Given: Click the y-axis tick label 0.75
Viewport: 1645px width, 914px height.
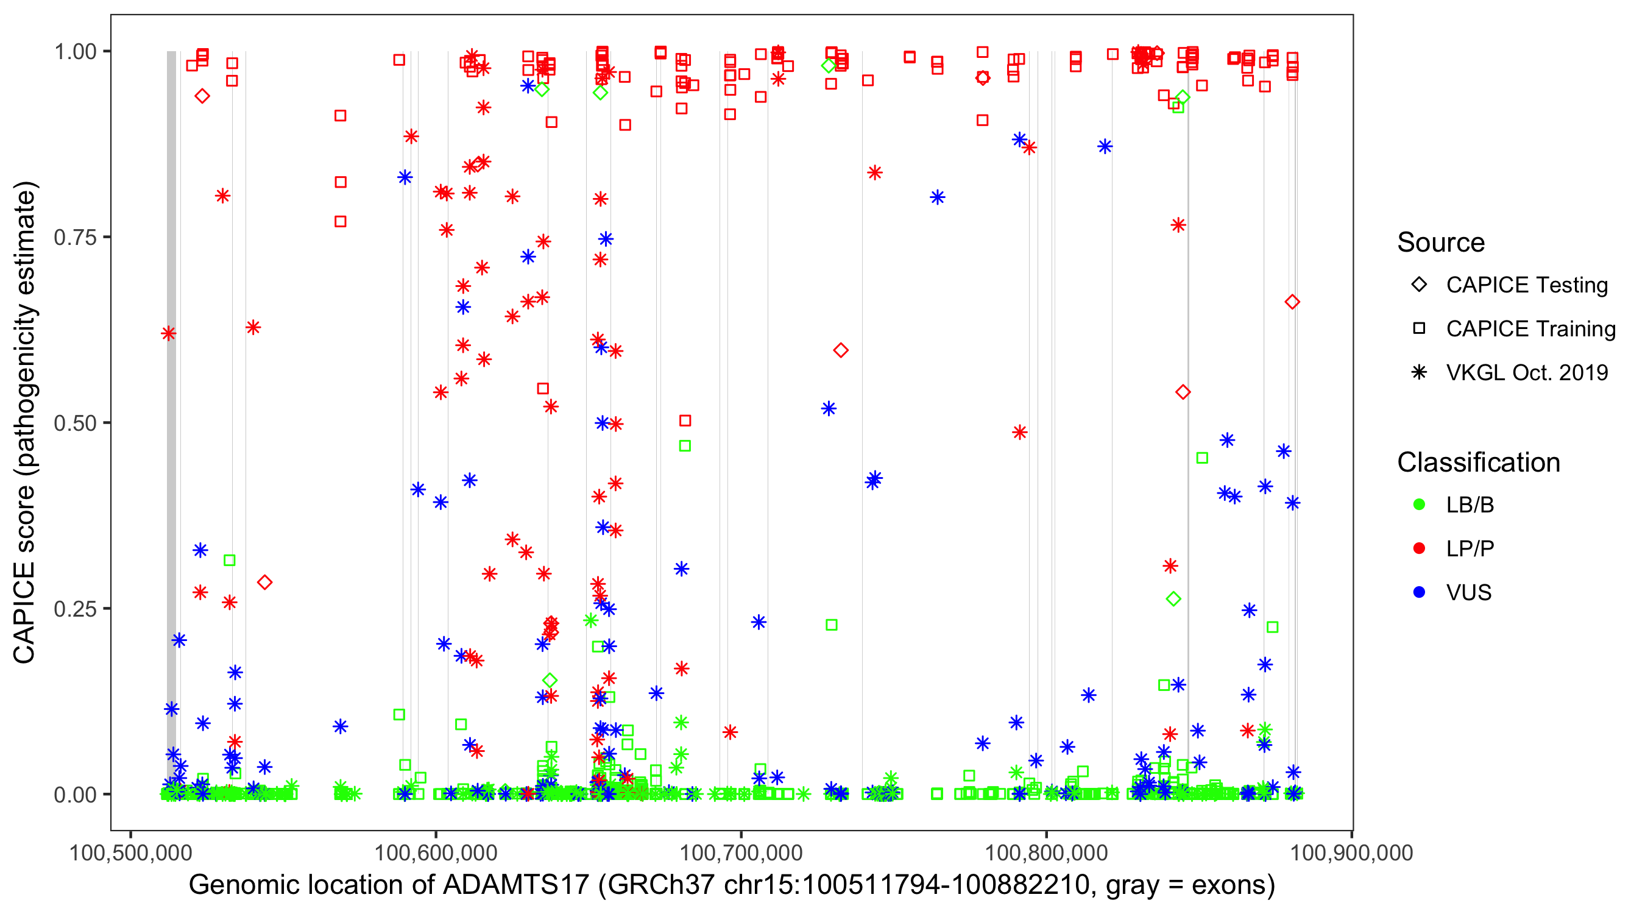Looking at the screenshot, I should point(74,238).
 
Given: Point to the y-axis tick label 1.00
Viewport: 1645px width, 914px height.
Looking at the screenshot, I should point(74,52).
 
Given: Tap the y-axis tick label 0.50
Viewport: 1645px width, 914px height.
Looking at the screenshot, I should point(74,423).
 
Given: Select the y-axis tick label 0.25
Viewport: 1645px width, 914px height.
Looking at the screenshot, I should point(74,609).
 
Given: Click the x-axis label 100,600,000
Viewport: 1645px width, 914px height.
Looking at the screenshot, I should point(436,852).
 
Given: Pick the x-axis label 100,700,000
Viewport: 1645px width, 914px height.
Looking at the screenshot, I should point(741,852).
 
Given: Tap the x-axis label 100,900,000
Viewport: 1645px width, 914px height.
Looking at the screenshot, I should point(1351,852).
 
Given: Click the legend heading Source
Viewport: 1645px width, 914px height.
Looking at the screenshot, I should point(1441,243).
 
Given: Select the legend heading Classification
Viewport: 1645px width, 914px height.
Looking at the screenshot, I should point(1478,462).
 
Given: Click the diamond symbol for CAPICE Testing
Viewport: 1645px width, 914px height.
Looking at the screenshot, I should point(1419,285).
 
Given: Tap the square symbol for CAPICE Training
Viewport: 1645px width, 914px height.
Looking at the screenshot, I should point(1419,329).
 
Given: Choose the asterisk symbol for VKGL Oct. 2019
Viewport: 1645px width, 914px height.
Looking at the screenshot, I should point(1419,372).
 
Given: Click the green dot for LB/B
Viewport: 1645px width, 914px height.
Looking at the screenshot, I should point(1419,505).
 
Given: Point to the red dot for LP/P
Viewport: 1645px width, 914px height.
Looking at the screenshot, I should point(1419,548).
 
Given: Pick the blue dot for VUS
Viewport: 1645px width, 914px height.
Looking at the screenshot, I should point(1419,592).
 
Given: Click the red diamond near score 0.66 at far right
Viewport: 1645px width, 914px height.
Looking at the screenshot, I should point(1292,302).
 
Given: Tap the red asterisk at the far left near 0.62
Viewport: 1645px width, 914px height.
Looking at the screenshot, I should point(169,333).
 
